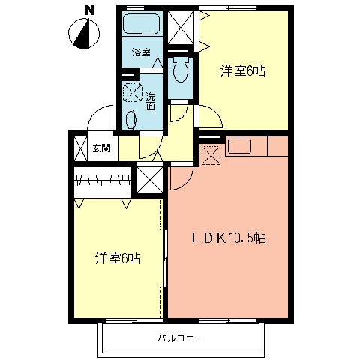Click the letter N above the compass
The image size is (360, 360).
pos(89,10)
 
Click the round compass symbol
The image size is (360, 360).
pos(84,34)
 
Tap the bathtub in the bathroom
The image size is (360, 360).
pos(142,23)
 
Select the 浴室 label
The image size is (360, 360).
pos(142,52)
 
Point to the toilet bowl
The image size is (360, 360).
pos(181,70)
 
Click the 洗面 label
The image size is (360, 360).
pos(151,100)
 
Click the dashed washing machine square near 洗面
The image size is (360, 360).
pos(133,92)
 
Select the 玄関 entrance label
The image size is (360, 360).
pos(101,148)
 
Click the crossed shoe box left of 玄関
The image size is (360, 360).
pos(80,148)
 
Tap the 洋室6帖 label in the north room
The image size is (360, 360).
pos(243,71)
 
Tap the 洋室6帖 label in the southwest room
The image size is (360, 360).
pos(118,258)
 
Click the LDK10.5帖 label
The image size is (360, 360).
pos(229,238)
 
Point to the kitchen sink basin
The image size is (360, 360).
pos(239,146)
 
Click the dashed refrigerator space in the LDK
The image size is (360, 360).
pos(211,155)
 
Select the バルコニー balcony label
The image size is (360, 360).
pos(180,338)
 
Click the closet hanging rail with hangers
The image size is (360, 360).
pos(103,179)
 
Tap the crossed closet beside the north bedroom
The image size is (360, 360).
pos(181,27)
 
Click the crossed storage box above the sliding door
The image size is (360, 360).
pos(150,179)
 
